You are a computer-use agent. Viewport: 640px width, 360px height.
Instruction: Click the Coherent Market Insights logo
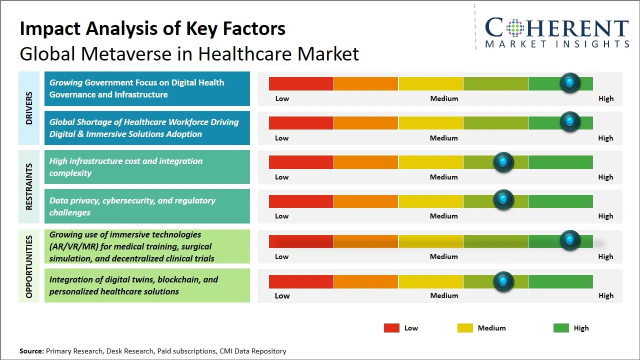(x=556, y=33)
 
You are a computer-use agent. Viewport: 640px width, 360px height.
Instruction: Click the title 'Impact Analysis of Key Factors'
(x=152, y=28)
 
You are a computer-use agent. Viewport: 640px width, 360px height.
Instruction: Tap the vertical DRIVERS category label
(x=28, y=108)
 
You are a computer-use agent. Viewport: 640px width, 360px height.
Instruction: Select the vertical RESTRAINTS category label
(x=28, y=186)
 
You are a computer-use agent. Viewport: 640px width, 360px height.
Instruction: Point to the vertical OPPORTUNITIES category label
(x=28, y=266)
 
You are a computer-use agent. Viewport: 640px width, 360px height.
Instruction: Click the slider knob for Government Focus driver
(x=569, y=83)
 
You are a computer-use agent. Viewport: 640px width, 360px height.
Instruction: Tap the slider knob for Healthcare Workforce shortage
(x=569, y=122)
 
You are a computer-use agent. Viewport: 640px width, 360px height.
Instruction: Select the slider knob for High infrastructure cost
(x=503, y=162)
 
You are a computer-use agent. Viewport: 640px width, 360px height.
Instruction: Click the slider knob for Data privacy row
(x=503, y=200)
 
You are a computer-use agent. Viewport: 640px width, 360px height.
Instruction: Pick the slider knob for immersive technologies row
(x=569, y=240)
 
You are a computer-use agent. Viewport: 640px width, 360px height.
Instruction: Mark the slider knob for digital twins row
(x=503, y=281)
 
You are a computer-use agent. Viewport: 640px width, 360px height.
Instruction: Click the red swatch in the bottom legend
(x=391, y=328)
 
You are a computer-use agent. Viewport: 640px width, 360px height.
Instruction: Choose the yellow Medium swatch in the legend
(x=465, y=328)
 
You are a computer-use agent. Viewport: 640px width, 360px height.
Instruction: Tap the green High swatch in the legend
(x=561, y=328)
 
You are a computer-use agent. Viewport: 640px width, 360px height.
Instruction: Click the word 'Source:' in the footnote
(x=31, y=351)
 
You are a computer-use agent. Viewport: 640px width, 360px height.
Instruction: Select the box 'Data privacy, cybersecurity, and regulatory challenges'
(x=147, y=206)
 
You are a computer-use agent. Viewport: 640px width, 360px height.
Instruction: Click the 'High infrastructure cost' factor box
(x=147, y=167)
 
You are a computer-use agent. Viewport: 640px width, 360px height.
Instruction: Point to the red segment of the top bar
(x=301, y=83)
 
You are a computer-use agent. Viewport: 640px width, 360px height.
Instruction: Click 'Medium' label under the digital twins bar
(x=444, y=295)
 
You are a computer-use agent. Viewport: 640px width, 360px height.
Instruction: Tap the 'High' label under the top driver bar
(x=605, y=98)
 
